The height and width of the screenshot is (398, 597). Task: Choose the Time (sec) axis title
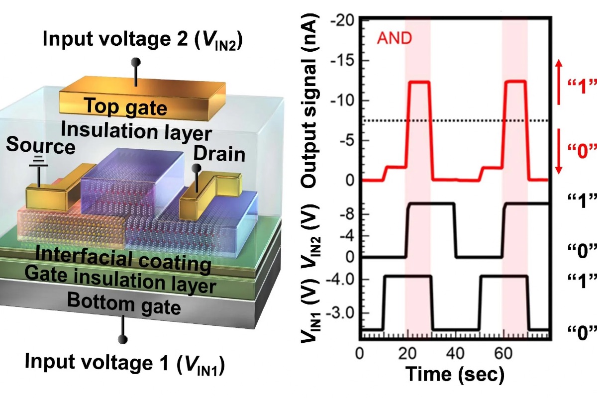point(454,373)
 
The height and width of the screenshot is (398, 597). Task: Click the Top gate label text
point(118,105)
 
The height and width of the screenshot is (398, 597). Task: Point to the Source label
point(41,147)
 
